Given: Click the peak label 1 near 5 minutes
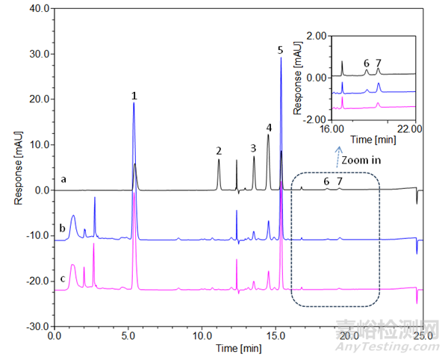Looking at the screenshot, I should click(x=134, y=96).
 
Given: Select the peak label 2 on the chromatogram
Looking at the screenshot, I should click(x=219, y=151).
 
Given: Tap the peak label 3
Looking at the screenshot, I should click(x=253, y=148).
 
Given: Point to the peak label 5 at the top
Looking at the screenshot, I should click(x=280, y=50).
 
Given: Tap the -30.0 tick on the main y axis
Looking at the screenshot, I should click(x=37, y=327).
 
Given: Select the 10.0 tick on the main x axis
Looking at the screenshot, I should click(x=202, y=337).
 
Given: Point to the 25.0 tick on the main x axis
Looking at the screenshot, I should click(x=423, y=337).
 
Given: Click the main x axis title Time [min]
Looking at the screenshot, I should click(x=238, y=349).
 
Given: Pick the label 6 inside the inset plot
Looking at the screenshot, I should click(x=366, y=63).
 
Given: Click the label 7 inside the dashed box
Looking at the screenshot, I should click(x=340, y=181).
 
